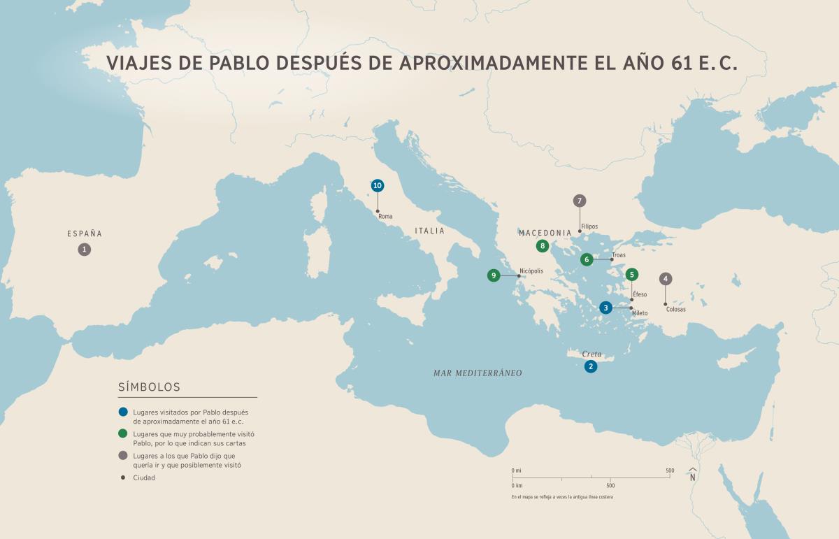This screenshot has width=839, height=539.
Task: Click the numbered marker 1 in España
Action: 85,249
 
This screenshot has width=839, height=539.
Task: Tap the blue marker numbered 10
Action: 378,185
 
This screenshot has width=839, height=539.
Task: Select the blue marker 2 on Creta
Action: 591,366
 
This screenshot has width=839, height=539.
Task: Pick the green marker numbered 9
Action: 494,275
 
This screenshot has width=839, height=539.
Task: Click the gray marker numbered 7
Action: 579,201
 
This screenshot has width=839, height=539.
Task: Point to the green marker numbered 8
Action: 542,246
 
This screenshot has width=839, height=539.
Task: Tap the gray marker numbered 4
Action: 666,278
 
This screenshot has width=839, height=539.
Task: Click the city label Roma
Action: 385,217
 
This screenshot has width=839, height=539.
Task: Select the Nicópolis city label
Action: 531,271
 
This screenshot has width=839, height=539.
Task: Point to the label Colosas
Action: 676,309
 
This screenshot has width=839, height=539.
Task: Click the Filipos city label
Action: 589,227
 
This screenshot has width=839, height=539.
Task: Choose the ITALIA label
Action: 429,231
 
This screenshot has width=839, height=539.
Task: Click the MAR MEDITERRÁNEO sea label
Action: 478,373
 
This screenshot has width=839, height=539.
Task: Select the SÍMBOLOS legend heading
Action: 150,387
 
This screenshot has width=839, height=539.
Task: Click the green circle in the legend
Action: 124,434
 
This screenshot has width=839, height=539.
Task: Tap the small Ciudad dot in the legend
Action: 124,477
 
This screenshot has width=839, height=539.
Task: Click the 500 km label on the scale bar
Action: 610,485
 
